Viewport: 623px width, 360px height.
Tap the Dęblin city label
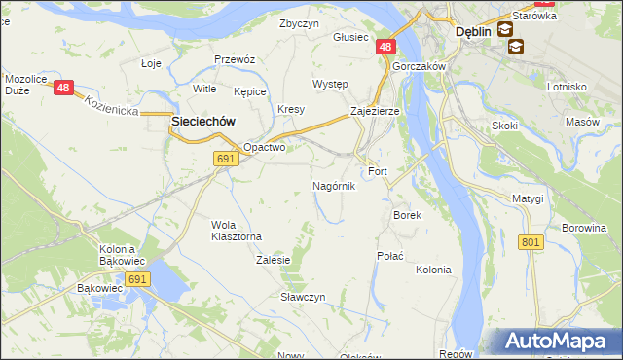[473, 31]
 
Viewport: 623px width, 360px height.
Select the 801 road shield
[531, 242]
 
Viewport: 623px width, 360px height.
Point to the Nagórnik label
[333, 185]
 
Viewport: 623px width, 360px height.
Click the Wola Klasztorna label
[237, 231]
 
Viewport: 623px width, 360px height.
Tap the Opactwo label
[264, 148]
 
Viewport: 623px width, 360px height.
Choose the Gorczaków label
[420, 66]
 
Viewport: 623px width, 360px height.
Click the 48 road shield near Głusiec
[385, 47]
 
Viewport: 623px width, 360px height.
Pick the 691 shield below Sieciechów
[226, 159]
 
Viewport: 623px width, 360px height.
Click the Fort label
[378, 172]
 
